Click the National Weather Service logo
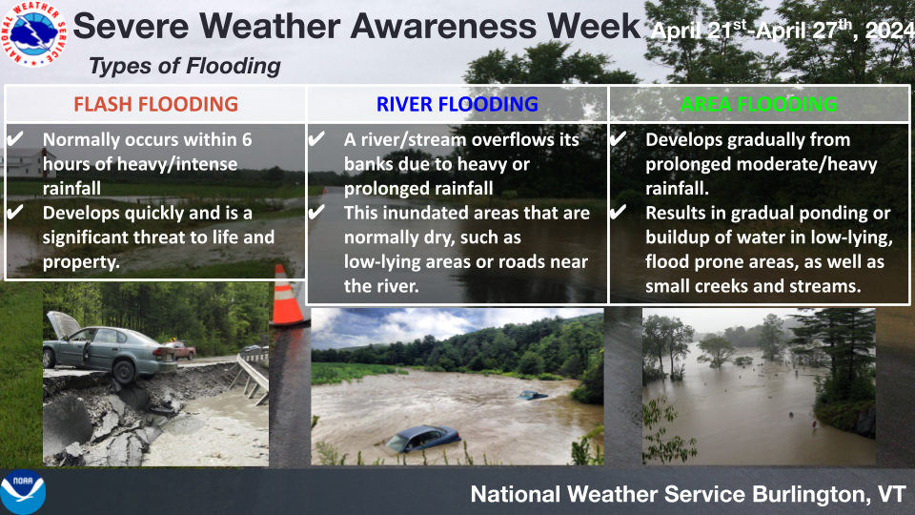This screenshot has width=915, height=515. (34, 33)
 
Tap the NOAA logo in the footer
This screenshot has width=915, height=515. (22, 492)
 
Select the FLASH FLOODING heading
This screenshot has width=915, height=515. (155, 104)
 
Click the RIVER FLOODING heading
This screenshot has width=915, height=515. (457, 104)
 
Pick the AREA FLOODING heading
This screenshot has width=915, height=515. (759, 104)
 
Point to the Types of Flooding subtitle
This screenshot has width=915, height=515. (184, 66)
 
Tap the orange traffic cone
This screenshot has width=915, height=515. (286, 296)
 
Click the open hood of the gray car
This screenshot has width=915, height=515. (64, 324)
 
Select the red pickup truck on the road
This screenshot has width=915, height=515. (182, 350)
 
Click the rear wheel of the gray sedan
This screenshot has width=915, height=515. (124, 371)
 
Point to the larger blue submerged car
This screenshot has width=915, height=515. (423, 439)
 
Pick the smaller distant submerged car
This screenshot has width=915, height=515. (532, 395)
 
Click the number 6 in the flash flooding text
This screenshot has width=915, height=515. (247, 139)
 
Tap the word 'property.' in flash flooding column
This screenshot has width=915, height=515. (81, 262)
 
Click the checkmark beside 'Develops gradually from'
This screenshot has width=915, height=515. (618, 139)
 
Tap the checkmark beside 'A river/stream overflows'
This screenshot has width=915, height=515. (316, 139)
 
